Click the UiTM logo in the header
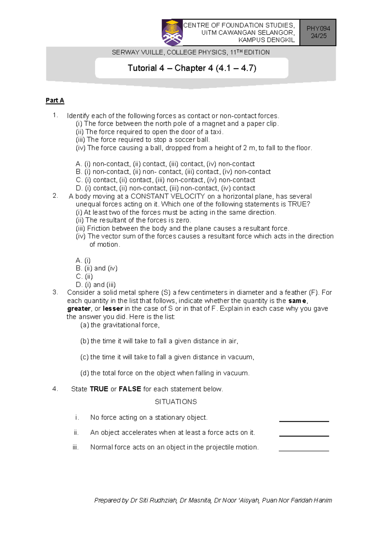[x=172, y=33]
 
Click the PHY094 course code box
[x=318, y=32]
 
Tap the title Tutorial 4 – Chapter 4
[x=192, y=68]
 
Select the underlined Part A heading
[x=55, y=100]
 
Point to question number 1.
[x=55, y=115]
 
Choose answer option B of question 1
[x=173, y=172]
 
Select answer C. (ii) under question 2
[x=84, y=276]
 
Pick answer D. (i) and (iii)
[x=95, y=285]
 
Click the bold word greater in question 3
[x=79, y=309]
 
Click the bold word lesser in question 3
[x=112, y=309]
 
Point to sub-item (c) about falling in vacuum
[x=167, y=357]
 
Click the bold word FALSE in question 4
[x=129, y=389]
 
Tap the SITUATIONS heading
[x=176, y=402]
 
